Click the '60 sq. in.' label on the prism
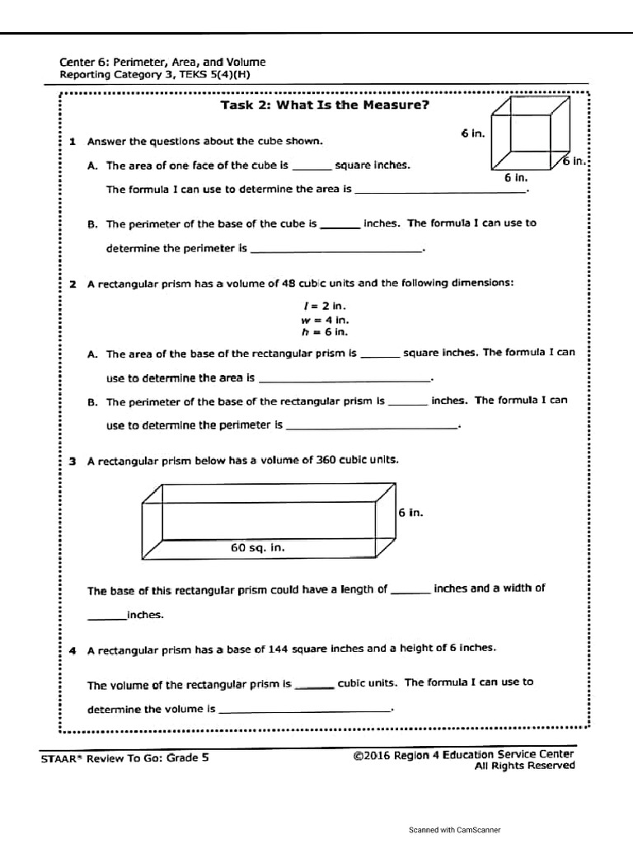(257, 547)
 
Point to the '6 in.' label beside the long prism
(410, 513)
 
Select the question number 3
(73, 461)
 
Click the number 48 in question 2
(288, 283)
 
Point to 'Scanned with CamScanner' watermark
(454, 830)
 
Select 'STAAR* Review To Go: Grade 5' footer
(124, 758)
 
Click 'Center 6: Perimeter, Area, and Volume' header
(162, 62)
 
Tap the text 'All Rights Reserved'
(524, 766)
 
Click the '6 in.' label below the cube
(516, 177)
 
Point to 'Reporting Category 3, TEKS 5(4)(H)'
(155, 74)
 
